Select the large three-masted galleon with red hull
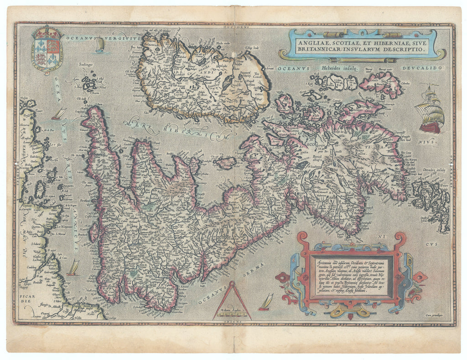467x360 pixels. pos(430,110)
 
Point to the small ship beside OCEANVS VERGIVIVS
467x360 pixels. pos(99,45)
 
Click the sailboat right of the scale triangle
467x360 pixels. pos(266,302)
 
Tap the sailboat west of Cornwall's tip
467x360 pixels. pos(59,113)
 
